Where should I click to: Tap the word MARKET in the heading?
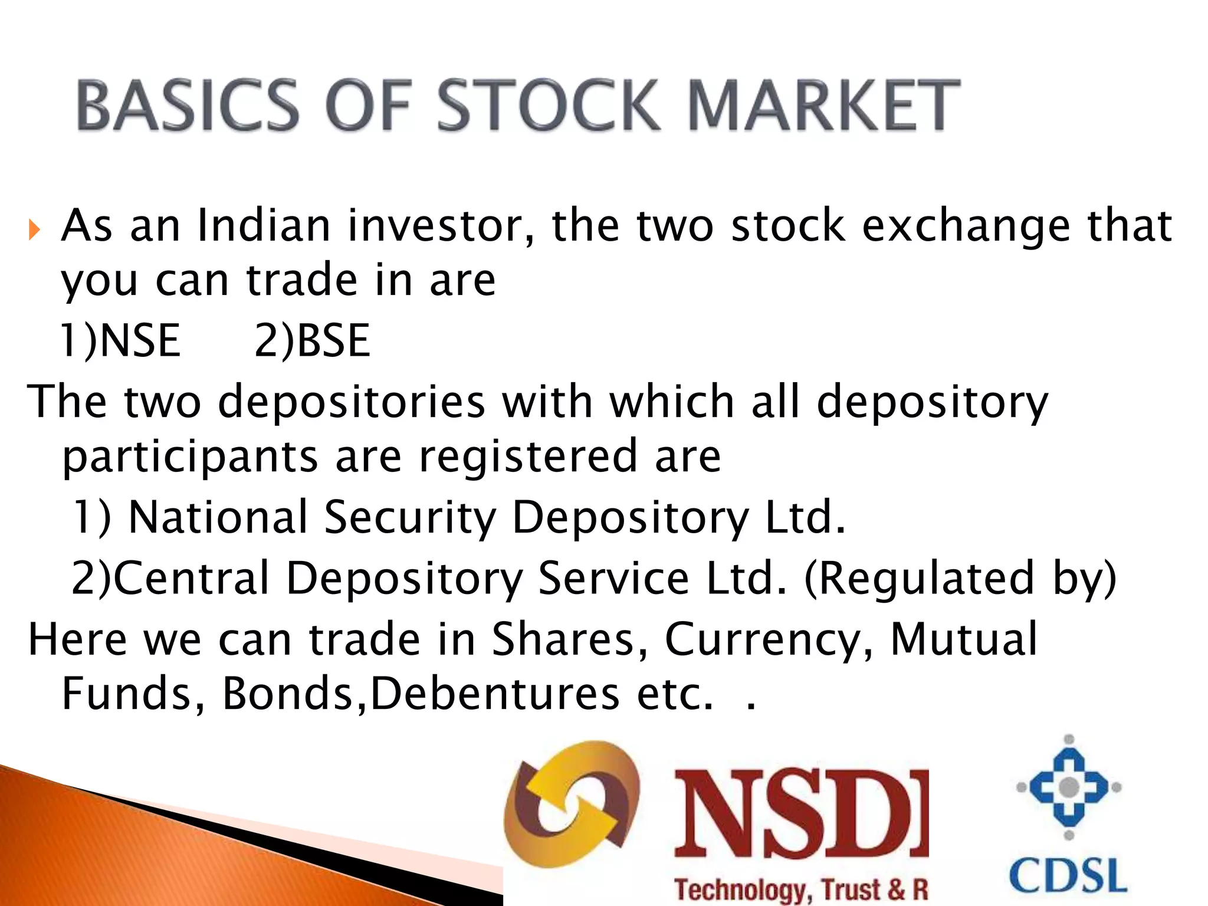click(823, 105)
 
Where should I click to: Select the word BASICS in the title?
click(188, 105)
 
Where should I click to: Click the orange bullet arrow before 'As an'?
click(34, 229)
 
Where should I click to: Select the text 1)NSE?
click(120, 341)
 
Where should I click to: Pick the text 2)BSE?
click(312, 341)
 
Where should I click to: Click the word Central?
click(191, 577)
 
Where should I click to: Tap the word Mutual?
click(963, 639)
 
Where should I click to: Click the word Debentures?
click(495, 694)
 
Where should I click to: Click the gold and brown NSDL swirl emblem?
click(571, 805)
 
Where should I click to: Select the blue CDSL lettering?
click(1068, 875)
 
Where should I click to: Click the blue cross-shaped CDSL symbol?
click(1069, 787)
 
